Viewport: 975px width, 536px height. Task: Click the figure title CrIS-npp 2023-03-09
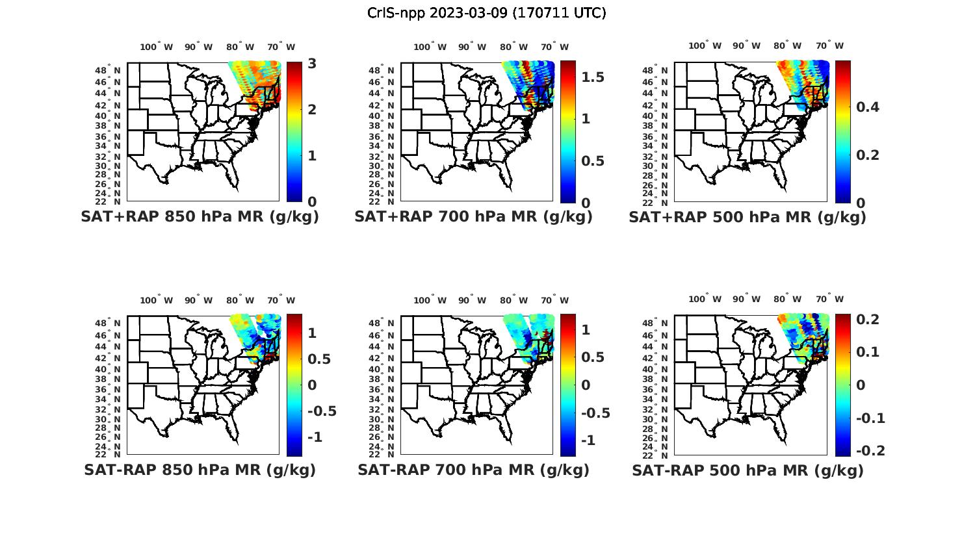click(x=486, y=13)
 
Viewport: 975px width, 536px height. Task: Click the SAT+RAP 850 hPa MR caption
click(x=200, y=217)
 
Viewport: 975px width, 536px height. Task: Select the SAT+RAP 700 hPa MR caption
click(x=473, y=217)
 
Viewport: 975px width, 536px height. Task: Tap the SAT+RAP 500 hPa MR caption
click(x=747, y=217)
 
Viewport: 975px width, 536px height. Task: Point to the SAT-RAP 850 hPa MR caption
click(x=200, y=470)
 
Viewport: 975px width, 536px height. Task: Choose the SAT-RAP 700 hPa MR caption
click(x=473, y=470)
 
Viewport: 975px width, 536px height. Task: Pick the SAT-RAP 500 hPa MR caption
click(x=747, y=470)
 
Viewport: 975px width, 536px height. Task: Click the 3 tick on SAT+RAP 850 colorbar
click(x=312, y=64)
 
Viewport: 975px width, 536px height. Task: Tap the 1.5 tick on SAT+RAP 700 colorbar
click(x=592, y=77)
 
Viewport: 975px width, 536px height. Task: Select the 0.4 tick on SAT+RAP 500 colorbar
click(x=868, y=107)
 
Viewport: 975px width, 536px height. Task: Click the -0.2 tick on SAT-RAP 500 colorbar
click(x=870, y=451)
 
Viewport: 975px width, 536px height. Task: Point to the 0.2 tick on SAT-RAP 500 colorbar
click(x=868, y=319)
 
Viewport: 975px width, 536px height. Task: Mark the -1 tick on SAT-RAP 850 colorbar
click(x=315, y=437)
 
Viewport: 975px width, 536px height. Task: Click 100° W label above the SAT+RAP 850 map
click(x=157, y=47)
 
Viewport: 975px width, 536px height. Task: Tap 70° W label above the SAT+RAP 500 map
click(x=829, y=45)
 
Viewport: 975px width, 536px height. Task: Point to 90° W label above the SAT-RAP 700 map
click(x=473, y=300)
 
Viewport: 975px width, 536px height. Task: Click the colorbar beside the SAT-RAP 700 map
click(x=568, y=385)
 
